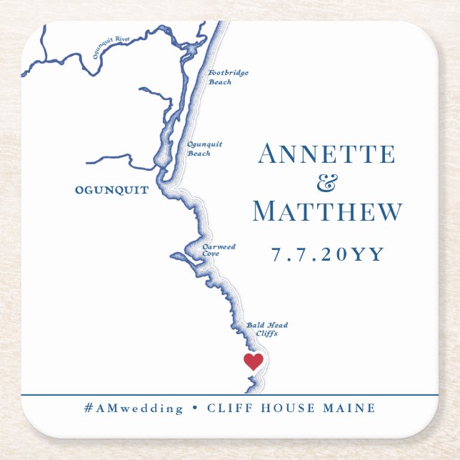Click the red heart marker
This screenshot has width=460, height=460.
pyautogui.click(x=254, y=361)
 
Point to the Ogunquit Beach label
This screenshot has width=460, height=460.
pyautogui.click(x=204, y=149)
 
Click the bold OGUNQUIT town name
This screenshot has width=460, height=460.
pyautogui.click(x=111, y=190)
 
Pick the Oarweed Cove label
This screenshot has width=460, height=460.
pyautogui.click(x=219, y=250)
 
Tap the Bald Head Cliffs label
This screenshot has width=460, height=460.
pyautogui.click(x=267, y=329)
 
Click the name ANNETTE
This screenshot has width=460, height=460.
pyautogui.click(x=326, y=154)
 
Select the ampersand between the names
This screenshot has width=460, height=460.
pyautogui.click(x=327, y=184)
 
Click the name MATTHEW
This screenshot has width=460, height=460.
pyautogui.click(x=327, y=211)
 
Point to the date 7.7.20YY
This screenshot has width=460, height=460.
pyautogui.click(x=328, y=254)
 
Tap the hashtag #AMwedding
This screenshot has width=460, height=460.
pyautogui.click(x=134, y=409)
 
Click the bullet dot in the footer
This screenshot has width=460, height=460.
pyautogui.click(x=195, y=409)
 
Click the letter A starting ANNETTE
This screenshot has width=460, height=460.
pyautogui.click(x=269, y=154)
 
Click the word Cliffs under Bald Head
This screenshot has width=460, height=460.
pyautogui.click(x=266, y=334)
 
